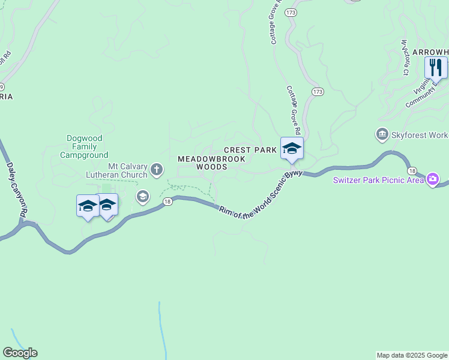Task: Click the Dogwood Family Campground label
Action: click(84, 146)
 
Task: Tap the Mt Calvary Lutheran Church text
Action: click(127, 170)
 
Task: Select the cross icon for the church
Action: click(157, 170)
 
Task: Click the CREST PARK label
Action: click(250, 149)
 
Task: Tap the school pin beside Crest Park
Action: click(292, 148)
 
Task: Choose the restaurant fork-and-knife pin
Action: click(436, 67)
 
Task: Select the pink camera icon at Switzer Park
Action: click(432, 179)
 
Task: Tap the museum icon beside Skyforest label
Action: click(382, 134)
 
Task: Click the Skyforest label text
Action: click(420, 136)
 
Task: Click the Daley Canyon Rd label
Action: click(17, 190)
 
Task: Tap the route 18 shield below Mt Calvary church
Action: click(167, 202)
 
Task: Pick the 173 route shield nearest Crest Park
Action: click(318, 91)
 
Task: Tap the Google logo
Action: click(20, 353)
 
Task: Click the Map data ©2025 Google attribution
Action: click(412, 355)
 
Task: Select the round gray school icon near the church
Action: click(142, 196)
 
